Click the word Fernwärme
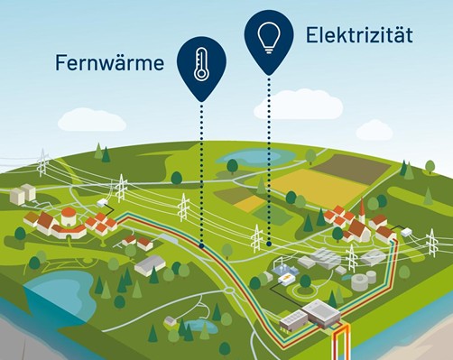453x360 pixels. click(x=107, y=63)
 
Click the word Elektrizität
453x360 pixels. click(x=359, y=36)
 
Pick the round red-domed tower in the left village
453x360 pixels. click(x=69, y=217)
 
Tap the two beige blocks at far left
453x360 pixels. click(x=23, y=192)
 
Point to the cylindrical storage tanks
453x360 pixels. click(x=362, y=281)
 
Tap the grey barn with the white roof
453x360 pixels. click(x=150, y=263)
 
